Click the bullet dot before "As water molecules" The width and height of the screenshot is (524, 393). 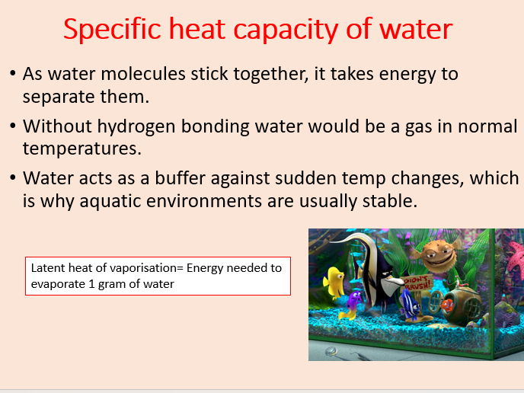(13, 75)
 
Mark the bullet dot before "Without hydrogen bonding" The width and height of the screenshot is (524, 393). (13, 126)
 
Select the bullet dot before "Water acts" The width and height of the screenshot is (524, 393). (13, 179)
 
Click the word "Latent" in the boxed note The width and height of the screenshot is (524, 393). (46, 268)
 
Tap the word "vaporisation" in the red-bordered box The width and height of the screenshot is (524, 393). (143, 268)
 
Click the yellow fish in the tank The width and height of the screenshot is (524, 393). (334, 282)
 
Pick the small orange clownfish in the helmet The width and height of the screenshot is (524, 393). (449, 307)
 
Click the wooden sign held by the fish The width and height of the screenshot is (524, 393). (418, 283)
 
